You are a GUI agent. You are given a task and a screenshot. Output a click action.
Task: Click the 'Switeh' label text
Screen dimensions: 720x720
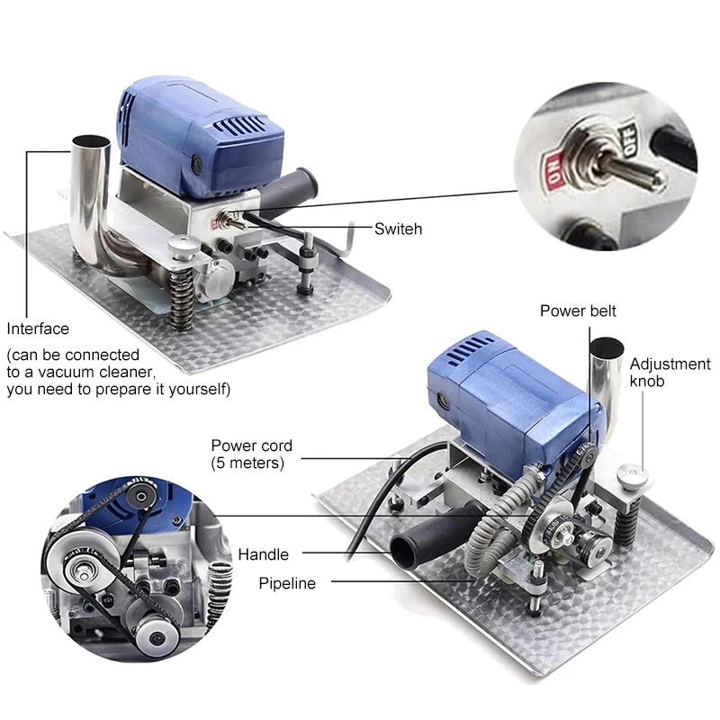coord(398,229)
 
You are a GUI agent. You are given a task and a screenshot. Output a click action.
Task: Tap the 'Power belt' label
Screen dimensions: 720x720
coord(578,310)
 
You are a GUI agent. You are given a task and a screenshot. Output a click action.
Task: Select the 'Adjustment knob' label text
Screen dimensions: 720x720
coord(670,373)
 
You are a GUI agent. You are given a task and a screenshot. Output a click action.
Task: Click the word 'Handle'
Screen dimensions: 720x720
coord(263,554)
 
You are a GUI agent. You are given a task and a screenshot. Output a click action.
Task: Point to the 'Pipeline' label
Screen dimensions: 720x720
coord(287,583)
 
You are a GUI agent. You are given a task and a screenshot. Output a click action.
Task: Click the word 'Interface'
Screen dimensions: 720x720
coord(38,328)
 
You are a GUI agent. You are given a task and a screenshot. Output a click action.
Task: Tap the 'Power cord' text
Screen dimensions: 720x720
coord(252,445)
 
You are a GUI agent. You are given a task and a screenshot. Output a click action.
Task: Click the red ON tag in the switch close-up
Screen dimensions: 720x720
coord(553,171)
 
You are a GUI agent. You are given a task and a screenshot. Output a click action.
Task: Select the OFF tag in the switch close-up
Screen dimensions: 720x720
coord(627,138)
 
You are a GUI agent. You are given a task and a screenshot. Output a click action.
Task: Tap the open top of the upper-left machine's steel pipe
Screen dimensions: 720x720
coord(92,140)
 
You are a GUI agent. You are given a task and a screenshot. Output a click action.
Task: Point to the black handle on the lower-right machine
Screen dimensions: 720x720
coord(434,533)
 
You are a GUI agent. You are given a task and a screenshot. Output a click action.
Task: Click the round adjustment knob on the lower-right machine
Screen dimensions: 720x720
coord(633,477)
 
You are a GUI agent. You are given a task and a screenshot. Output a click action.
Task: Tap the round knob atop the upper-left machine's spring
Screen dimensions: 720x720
coord(184,247)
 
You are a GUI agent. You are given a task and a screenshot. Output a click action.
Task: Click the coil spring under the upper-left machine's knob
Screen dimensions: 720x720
coord(182,298)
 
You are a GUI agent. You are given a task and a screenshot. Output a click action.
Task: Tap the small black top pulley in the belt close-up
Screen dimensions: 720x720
coord(142,497)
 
